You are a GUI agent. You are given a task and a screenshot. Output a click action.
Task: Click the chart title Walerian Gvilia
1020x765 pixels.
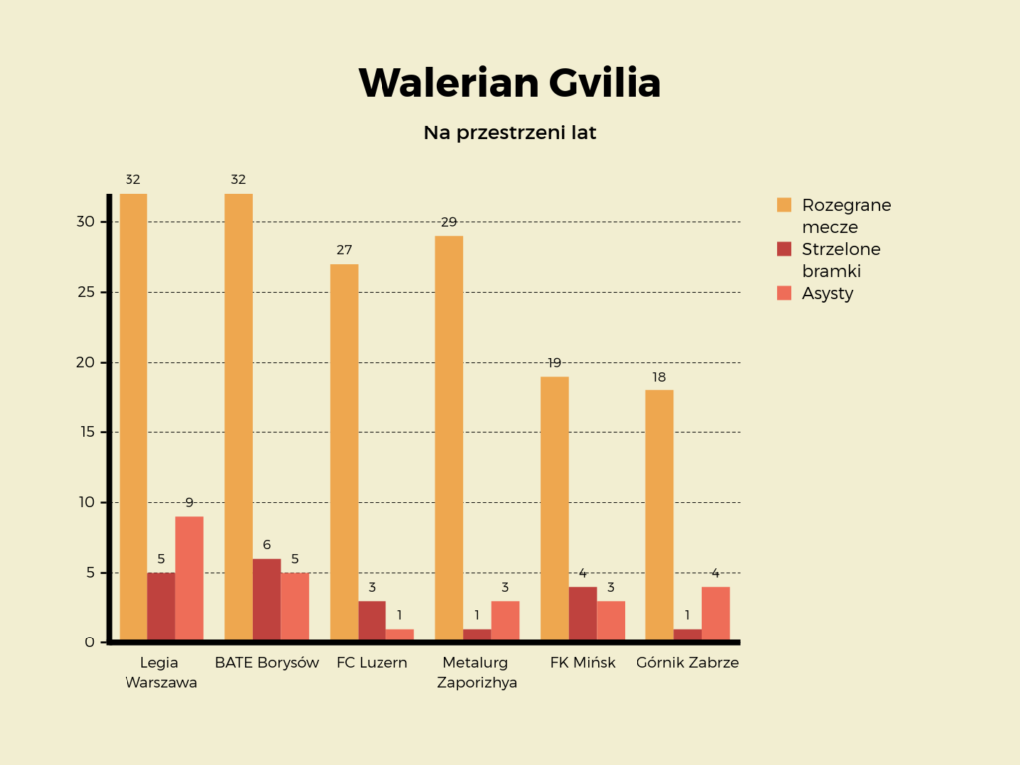pyautogui.click(x=509, y=83)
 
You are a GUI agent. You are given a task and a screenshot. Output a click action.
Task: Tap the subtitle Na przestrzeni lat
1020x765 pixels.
pyautogui.click(x=509, y=132)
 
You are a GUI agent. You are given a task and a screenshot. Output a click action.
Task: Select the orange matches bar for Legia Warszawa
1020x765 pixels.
pyautogui.click(x=133, y=418)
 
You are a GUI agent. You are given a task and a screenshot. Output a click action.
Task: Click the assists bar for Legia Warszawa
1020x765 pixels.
pyautogui.click(x=189, y=578)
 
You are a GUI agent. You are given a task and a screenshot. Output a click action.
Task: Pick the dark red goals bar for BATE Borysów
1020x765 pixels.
pyautogui.click(x=267, y=600)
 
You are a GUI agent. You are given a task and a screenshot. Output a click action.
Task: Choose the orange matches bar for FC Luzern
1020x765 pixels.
pyautogui.click(x=344, y=453)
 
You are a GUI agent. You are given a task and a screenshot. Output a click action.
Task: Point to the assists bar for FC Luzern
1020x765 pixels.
pyautogui.click(x=399, y=635)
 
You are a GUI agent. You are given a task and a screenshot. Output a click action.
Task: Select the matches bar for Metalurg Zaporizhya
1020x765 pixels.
pyautogui.click(x=449, y=438)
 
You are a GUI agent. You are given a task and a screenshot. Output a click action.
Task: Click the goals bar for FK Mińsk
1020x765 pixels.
pyautogui.click(x=583, y=614)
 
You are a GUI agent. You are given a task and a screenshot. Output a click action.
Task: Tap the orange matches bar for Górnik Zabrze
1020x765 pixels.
pyautogui.click(x=659, y=516)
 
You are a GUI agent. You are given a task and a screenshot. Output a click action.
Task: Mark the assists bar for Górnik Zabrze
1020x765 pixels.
pyautogui.click(x=715, y=614)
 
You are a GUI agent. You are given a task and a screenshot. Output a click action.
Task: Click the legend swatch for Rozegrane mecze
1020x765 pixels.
pyautogui.click(x=784, y=205)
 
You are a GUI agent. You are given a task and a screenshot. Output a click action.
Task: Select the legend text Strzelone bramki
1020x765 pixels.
pyautogui.click(x=841, y=260)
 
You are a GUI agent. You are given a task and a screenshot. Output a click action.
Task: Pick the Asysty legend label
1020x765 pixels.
pyautogui.click(x=827, y=293)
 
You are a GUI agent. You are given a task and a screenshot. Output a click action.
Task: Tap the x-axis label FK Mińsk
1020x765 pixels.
pyautogui.click(x=583, y=663)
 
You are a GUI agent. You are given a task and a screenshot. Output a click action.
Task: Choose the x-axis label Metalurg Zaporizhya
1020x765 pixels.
pyautogui.click(x=477, y=673)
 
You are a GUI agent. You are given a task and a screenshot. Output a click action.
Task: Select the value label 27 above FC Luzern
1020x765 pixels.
pyautogui.click(x=344, y=250)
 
